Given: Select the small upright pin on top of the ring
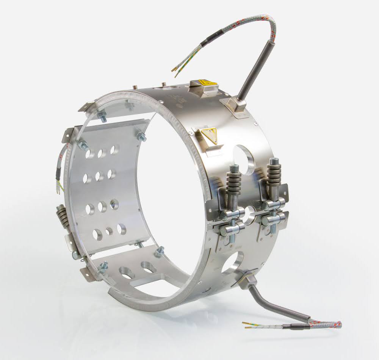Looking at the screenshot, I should [164, 84].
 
